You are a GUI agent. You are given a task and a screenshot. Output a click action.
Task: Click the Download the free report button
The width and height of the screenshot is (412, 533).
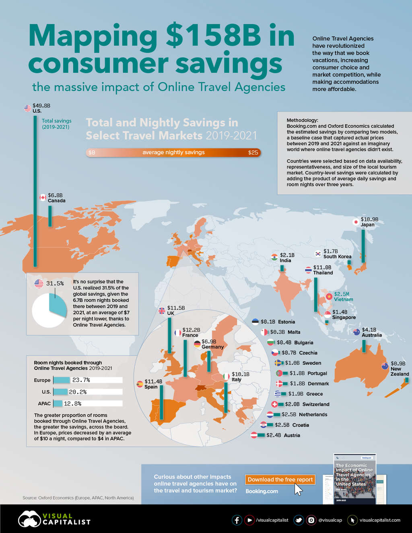(280, 479)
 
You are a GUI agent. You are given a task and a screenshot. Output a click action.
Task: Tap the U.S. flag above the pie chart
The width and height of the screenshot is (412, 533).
(39, 284)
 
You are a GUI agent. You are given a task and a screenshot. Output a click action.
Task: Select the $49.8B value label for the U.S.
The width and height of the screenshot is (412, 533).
(41, 106)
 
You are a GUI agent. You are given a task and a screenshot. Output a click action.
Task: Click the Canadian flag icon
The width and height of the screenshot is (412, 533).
(43, 198)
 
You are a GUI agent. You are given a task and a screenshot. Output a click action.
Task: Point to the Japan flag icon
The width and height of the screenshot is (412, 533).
(356, 222)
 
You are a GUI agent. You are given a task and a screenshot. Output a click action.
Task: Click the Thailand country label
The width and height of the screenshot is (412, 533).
(323, 273)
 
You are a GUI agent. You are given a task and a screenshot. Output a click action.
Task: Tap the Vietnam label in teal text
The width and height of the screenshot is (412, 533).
(343, 300)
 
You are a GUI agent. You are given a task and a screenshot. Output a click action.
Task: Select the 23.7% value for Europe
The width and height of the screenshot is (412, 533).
(81, 380)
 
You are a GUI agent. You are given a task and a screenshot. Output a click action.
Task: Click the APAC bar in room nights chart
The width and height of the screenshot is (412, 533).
(58, 403)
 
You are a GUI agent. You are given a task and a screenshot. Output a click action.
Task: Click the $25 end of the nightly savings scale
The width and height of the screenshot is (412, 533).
(253, 153)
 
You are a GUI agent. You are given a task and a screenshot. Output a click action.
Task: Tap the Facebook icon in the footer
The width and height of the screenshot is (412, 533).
(237, 520)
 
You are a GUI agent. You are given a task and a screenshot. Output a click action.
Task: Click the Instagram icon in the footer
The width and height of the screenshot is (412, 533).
(311, 520)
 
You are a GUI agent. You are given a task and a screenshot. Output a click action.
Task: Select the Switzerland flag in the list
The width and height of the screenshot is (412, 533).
(275, 404)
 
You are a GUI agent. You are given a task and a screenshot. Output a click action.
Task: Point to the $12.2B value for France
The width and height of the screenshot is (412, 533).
(191, 330)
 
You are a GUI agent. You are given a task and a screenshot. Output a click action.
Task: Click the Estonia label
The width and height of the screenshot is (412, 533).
(286, 322)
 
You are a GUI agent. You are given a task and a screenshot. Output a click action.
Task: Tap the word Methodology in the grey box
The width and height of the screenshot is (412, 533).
(302, 120)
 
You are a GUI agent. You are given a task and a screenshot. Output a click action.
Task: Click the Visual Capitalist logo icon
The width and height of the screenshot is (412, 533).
(29, 519)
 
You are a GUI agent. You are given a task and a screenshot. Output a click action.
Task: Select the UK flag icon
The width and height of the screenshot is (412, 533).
(162, 311)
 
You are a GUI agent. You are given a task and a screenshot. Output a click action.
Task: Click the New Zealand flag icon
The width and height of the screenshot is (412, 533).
(385, 366)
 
